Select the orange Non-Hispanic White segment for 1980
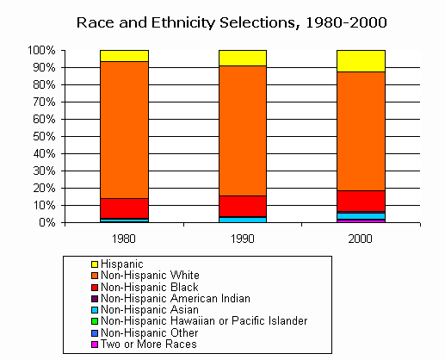pos(124,129)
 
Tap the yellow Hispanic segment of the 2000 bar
pos(360,60)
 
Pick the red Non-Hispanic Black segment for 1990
pos(242,207)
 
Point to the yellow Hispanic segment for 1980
pos(124,55)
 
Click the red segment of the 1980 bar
pos(124,208)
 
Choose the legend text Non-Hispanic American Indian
pos(176,298)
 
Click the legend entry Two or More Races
pos(148,344)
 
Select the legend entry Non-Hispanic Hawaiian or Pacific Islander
pos(204,320)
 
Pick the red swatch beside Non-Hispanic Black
pos(95,287)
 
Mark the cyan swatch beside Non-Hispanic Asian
pos(95,309)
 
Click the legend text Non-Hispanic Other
pos(150,332)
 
